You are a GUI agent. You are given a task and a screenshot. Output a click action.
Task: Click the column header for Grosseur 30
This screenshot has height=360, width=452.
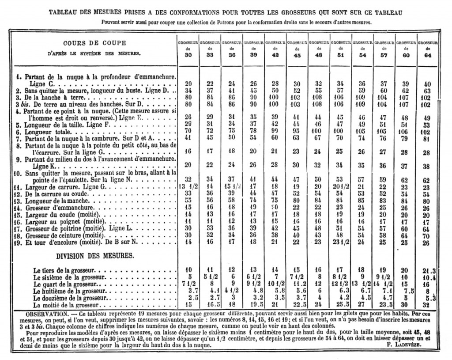tap(188, 48)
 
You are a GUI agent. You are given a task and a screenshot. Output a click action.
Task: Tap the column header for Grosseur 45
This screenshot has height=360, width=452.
tap(297, 48)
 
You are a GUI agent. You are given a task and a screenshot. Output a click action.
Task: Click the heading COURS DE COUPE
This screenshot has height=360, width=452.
tap(94, 43)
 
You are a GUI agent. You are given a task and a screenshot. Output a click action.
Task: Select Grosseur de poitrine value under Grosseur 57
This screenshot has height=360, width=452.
tap(384, 229)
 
